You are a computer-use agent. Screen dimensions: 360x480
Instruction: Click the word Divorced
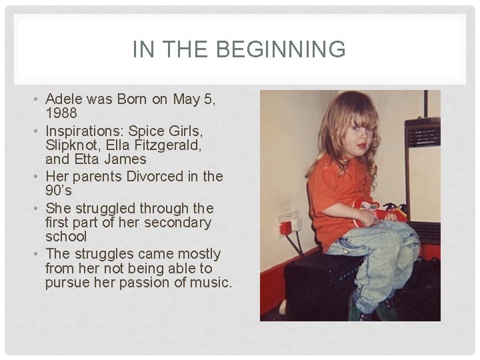tap(151, 176)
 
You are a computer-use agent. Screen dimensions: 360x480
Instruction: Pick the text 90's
tap(59, 190)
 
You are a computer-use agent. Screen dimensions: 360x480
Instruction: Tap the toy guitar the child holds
tap(380, 211)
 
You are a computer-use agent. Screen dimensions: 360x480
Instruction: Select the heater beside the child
tap(423, 180)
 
